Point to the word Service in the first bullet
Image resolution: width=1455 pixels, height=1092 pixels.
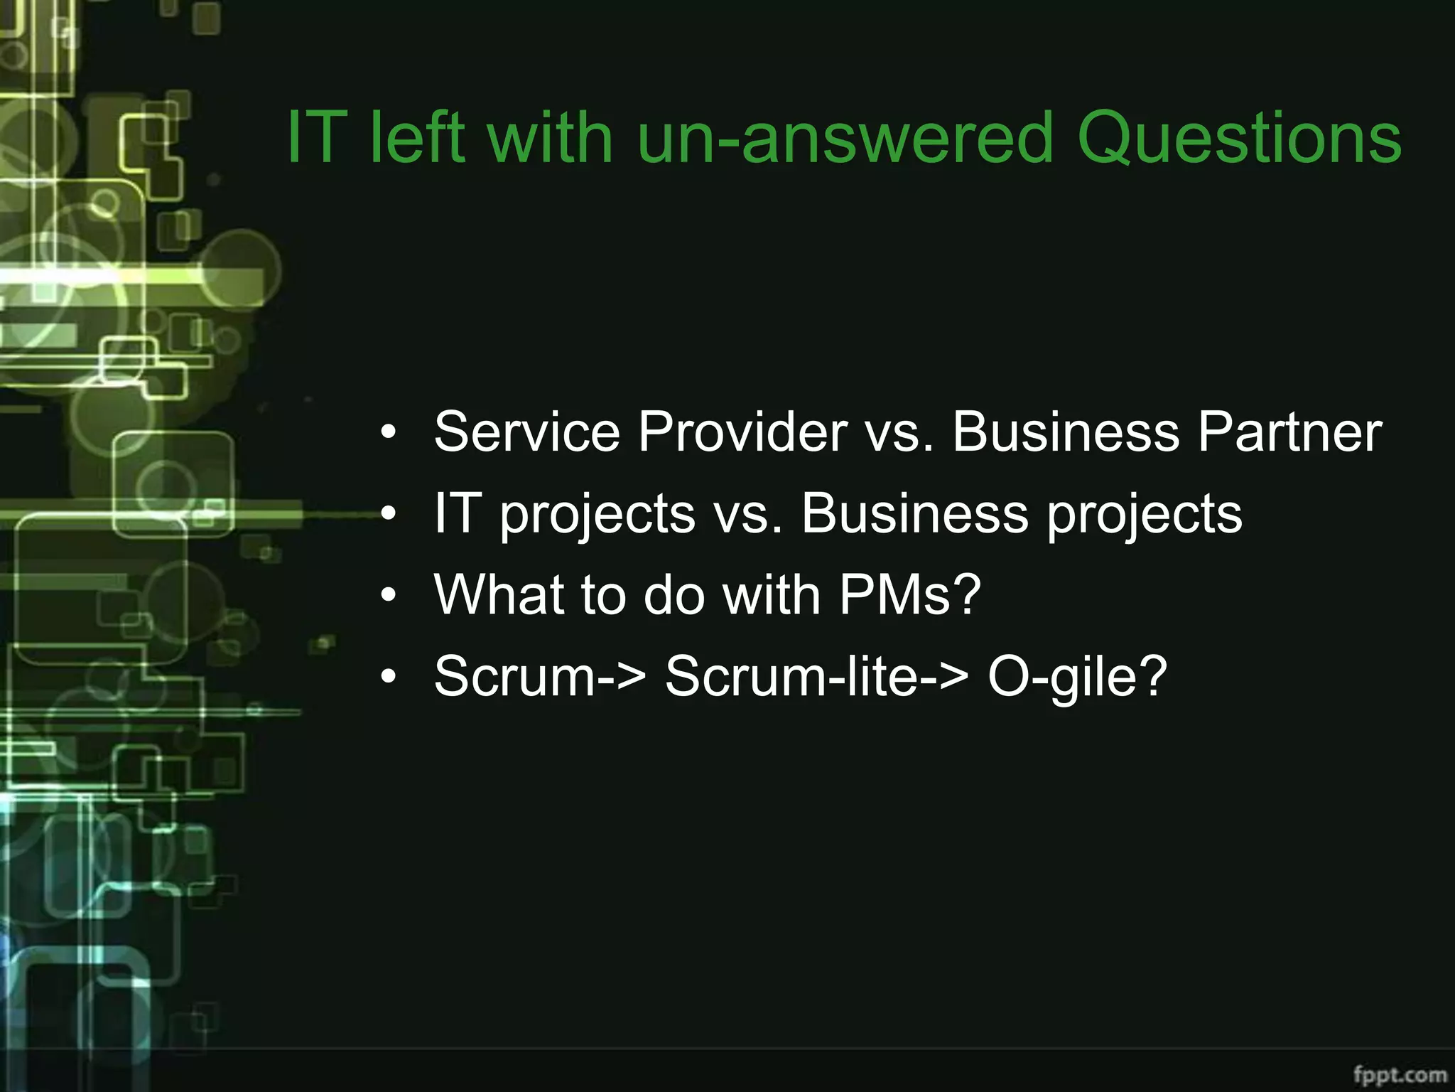point(526,432)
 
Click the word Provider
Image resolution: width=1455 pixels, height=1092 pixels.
point(742,432)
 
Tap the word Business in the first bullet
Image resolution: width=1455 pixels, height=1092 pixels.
point(1066,432)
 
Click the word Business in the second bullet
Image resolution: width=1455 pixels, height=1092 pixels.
point(915,513)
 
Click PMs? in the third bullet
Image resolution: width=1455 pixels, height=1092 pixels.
point(910,594)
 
